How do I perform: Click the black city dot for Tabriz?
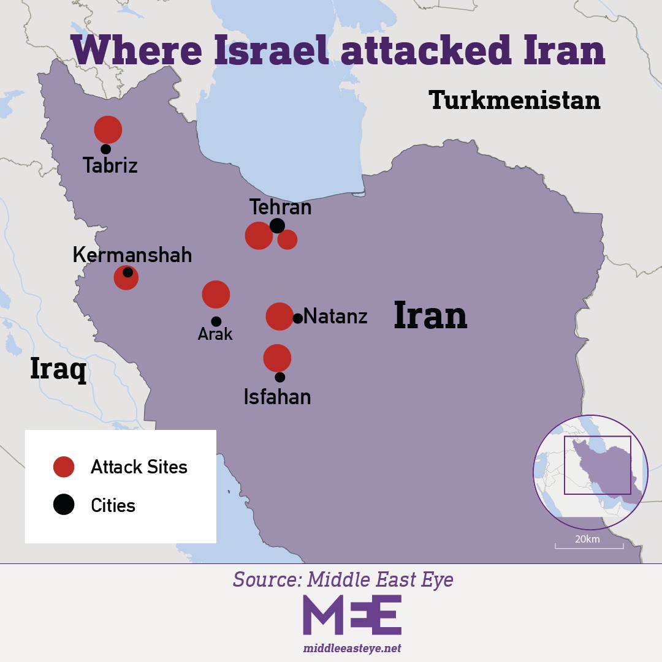tap(106, 149)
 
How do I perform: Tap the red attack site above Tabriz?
tap(108, 129)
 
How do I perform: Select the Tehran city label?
tap(280, 207)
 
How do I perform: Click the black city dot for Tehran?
tap(277, 225)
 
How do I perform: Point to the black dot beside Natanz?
tap(298, 318)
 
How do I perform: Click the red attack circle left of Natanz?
tap(279, 316)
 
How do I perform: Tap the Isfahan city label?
tap(277, 397)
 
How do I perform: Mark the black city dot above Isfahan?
tap(280, 377)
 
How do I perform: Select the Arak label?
tap(215, 334)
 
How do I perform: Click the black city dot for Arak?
tap(216, 322)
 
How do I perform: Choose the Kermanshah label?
tap(132, 255)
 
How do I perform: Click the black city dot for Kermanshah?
tap(127, 273)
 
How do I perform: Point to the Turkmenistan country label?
tap(514, 100)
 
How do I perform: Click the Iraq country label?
tap(58, 369)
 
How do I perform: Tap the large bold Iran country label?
tap(430, 315)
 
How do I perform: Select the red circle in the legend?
tap(64, 467)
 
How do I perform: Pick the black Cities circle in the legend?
tap(64, 505)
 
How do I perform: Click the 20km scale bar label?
tap(587, 539)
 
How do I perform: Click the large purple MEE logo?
tap(352, 614)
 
